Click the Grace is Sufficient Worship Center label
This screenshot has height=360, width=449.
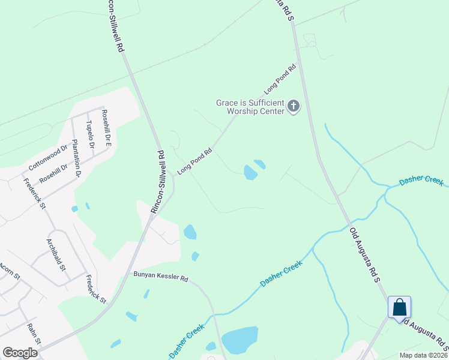250,107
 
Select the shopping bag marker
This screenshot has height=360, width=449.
399,308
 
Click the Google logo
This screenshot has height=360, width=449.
20,353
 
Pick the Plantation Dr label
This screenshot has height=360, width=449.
76,158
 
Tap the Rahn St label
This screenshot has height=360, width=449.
33,334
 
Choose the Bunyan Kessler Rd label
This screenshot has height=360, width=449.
161,279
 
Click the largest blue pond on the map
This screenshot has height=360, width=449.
240,341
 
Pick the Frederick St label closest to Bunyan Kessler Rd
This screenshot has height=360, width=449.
96,289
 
